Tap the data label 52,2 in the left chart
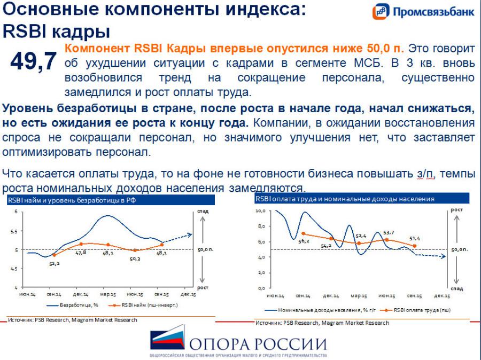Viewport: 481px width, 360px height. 54,263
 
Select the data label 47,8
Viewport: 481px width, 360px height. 81,252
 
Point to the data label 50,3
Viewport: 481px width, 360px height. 135,259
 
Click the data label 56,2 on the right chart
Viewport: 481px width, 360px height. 304,241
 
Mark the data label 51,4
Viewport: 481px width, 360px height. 415,238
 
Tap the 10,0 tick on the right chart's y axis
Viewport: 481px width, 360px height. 261,211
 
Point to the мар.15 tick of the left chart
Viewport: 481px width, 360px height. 108,294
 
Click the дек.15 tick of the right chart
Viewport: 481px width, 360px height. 442,295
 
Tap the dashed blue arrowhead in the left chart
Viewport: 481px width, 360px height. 189,234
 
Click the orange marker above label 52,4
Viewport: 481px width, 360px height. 359,243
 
